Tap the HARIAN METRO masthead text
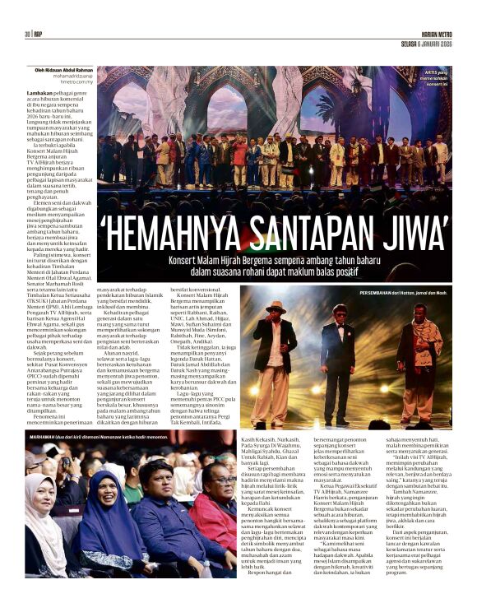tap(430, 33)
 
